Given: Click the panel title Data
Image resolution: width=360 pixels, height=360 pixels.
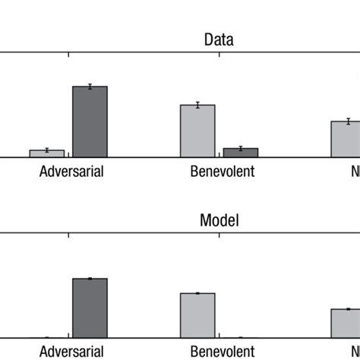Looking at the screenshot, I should [218, 40].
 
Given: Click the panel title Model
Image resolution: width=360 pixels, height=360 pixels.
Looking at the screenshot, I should [219, 220].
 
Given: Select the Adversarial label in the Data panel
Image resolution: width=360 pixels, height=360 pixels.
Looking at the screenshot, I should [71, 171].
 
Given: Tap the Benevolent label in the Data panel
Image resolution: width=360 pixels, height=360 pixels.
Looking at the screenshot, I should [222, 171].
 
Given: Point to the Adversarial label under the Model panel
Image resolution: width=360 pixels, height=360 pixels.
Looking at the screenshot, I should [71, 352].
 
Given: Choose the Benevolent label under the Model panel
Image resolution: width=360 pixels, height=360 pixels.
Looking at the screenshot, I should [222, 352].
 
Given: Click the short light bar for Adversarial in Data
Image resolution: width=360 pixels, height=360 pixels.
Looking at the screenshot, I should [46, 153].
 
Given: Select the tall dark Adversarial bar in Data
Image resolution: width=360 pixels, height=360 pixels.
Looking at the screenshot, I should [90, 122].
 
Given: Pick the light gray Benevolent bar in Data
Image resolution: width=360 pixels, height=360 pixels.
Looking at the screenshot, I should [197, 131].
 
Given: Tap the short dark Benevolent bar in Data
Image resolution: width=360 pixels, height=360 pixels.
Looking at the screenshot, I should [240, 153].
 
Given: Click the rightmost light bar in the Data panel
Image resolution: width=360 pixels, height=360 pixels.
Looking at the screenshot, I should [346, 139].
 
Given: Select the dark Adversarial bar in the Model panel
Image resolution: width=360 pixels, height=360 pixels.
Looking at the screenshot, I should [90, 308].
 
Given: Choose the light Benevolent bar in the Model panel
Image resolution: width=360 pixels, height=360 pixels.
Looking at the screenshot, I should [197, 315].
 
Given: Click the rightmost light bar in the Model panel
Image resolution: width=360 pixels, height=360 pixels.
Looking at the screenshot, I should [346, 323].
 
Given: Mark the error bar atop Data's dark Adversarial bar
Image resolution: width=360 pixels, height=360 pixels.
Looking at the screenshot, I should [90, 87].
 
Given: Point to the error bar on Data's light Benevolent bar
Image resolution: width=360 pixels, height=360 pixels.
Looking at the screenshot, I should [197, 105].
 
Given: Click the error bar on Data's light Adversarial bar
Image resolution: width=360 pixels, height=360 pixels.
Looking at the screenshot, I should [46, 150].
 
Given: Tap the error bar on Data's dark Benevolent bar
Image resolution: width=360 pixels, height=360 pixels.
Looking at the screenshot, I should [240, 148].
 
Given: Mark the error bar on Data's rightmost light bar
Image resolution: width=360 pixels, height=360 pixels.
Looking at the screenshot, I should [348, 121].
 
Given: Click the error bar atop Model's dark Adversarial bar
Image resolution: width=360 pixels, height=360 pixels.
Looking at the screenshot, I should [90, 279].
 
